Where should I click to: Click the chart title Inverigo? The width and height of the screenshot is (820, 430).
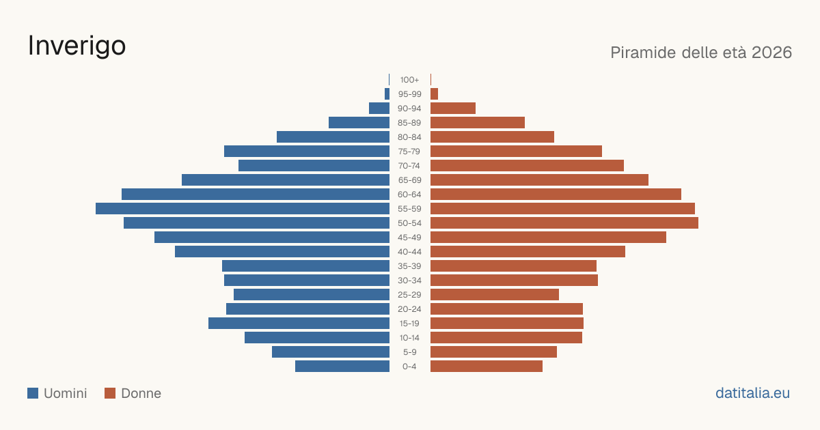point(77,46)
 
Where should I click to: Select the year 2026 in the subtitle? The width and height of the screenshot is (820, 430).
point(771,53)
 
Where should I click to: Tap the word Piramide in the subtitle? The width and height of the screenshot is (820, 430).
point(643,53)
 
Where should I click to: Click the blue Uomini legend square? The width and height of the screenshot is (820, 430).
point(33,393)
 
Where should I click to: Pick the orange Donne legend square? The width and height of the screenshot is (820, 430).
point(110,393)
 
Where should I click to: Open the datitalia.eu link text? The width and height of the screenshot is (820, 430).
point(752,393)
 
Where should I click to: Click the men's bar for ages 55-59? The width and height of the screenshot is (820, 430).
point(243,208)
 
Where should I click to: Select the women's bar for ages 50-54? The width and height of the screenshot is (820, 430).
point(564,223)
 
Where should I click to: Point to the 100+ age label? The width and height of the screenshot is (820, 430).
point(409,80)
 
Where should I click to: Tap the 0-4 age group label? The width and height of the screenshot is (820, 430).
point(409,367)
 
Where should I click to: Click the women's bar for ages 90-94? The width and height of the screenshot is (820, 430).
point(453,109)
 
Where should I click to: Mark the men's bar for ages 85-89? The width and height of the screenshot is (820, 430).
point(359,122)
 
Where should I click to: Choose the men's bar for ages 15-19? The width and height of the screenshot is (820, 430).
point(299,324)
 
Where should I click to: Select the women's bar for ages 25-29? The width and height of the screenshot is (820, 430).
point(495,294)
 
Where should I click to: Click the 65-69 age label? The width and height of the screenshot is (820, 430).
point(409,180)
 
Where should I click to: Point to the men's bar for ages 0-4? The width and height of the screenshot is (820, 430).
point(342,367)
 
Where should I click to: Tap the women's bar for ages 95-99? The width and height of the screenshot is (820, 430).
point(434,94)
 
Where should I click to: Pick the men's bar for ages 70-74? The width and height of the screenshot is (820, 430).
point(314,166)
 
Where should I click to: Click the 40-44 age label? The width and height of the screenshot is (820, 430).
point(409,252)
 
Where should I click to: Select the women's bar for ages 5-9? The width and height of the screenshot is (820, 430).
point(494,352)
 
